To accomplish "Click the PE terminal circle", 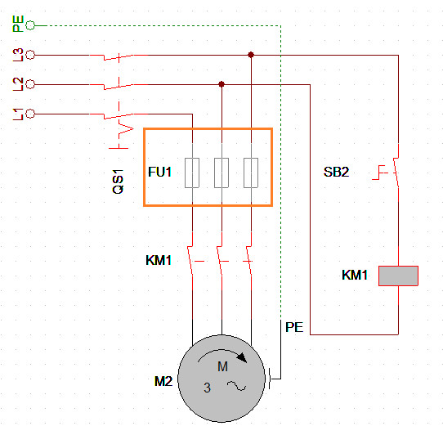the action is [30, 25].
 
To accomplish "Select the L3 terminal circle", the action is [30, 55].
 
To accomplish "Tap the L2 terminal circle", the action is [30, 84].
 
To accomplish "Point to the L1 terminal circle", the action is [30, 114].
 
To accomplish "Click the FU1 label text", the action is [159, 172].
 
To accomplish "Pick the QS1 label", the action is [118, 182].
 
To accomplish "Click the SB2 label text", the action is [336, 172].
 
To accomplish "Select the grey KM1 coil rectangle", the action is [398, 276].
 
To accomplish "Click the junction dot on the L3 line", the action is [251, 55].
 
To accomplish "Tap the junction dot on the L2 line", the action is [221, 84].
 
